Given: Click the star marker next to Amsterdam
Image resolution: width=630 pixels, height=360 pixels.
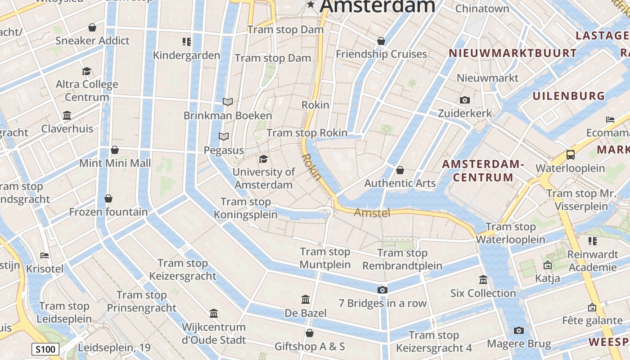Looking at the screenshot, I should pyautogui.click(x=310, y=4).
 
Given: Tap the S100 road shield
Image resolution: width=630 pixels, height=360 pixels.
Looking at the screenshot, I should pyautogui.click(x=45, y=349).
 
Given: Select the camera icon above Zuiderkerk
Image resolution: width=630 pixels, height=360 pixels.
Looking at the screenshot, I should pyautogui.click(x=465, y=100).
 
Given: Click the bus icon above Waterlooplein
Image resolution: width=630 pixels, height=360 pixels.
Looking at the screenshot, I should pyautogui.click(x=571, y=155).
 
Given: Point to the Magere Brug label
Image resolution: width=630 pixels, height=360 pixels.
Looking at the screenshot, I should pyautogui.click(x=519, y=344).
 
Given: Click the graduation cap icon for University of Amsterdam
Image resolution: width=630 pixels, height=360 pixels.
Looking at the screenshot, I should pyautogui.click(x=263, y=159).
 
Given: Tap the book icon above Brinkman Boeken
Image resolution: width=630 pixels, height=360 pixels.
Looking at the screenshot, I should pyautogui.click(x=228, y=102).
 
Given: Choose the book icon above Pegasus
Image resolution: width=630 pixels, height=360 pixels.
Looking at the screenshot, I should pyautogui.click(x=224, y=136).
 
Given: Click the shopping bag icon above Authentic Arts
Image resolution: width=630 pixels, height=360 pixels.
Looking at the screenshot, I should pyautogui.click(x=400, y=170).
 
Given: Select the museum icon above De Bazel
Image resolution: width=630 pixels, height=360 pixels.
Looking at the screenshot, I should pyautogui.click(x=306, y=299).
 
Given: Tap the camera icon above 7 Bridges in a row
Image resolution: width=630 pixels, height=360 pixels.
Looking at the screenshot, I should pyautogui.click(x=382, y=290).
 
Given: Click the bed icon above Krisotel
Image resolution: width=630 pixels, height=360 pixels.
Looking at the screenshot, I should pyautogui.click(x=45, y=256).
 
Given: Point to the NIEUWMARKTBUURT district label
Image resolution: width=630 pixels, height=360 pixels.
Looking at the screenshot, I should pyautogui.click(x=513, y=53).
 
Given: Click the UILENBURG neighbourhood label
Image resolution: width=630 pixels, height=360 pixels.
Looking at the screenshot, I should pyautogui.click(x=569, y=96).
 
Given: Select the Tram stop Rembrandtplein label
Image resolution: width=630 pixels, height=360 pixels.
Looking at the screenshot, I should pyautogui.click(x=402, y=260).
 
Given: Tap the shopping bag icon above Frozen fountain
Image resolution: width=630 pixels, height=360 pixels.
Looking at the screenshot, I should pyautogui.click(x=108, y=198).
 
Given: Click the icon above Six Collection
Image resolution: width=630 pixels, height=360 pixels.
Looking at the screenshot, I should pyautogui.click(x=483, y=280).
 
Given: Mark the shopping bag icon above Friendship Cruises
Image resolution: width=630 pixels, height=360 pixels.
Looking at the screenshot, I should pyautogui.click(x=381, y=41).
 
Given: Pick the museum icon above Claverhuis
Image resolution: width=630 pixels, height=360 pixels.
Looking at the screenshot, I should pyautogui.click(x=67, y=116).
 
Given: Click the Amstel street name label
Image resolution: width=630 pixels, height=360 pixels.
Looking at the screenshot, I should pyautogui.click(x=372, y=213).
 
